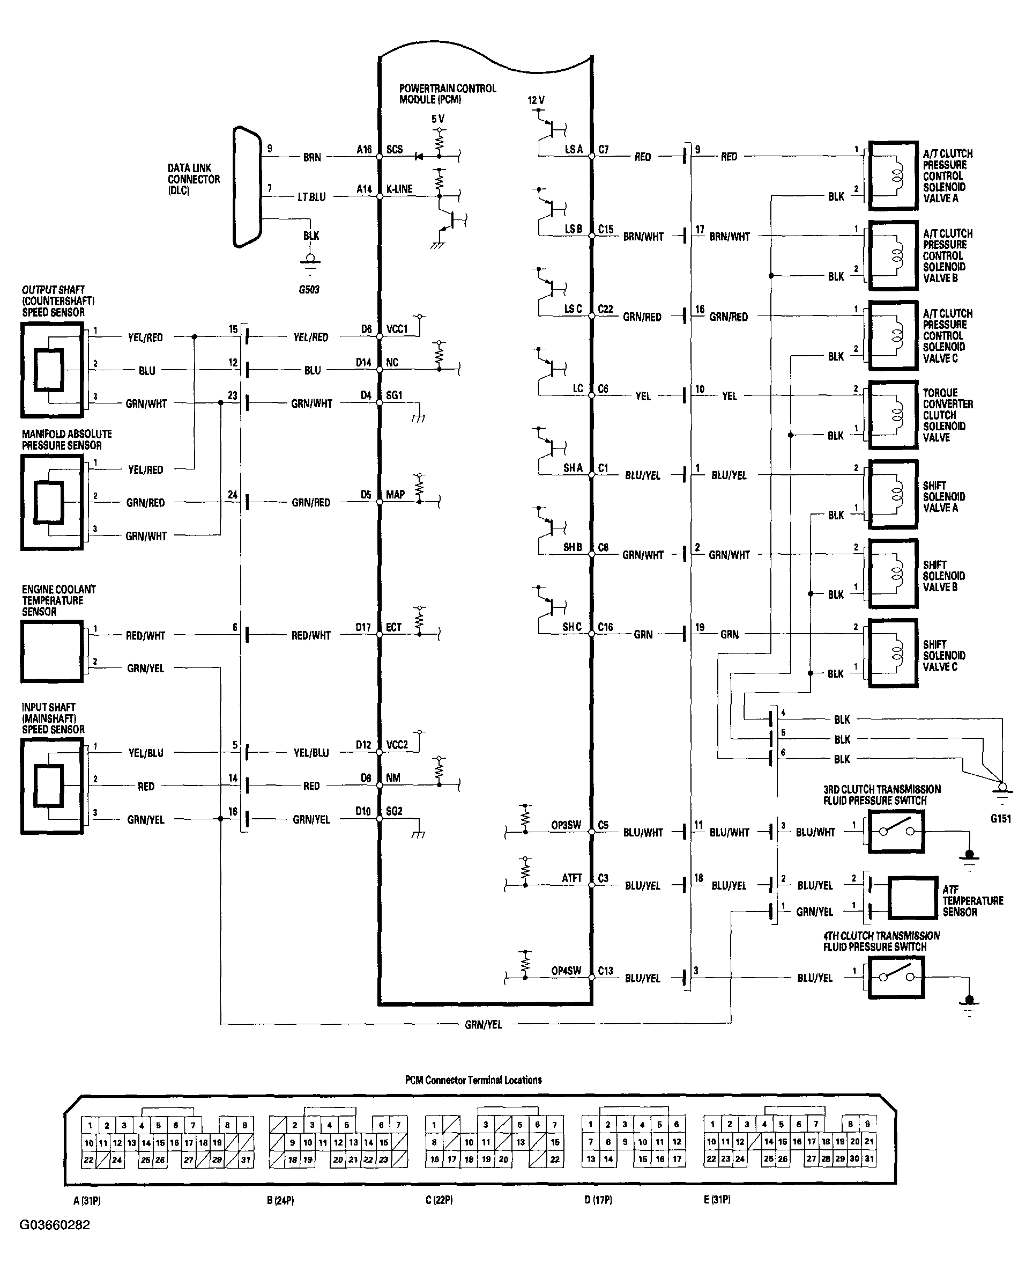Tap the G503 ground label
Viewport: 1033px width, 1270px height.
click(309, 290)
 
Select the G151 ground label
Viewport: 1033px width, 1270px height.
click(1000, 819)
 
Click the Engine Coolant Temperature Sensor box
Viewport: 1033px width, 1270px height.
click(53, 651)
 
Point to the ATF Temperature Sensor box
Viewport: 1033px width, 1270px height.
click(912, 898)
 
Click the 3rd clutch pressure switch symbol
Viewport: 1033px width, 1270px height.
click(896, 831)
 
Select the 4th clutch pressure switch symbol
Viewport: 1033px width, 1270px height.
click(896, 977)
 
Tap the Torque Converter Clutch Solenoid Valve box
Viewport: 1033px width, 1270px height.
click(893, 415)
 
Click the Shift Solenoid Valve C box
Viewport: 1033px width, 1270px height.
click(893, 654)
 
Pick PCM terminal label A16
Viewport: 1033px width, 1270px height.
click(364, 150)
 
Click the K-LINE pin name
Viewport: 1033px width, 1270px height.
click(399, 189)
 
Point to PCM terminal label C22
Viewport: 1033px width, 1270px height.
click(605, 309)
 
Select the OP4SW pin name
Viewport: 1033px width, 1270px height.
click(566, 971)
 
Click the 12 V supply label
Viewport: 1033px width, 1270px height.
click(536, 101)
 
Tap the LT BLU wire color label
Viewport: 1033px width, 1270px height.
click(312, 197)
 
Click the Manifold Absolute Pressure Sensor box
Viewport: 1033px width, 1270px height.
click(53, 502)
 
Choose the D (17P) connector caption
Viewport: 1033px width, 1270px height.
click(598, 1200)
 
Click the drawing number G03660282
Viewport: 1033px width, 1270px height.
click(55, 1225)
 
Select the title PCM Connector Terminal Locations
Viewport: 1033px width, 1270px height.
click(473, 1080)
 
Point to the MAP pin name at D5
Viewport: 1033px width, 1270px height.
click(395, 495)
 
